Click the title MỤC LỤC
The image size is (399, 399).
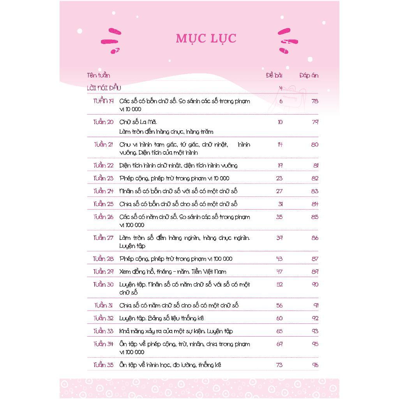coord(206,39)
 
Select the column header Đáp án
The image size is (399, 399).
coord(309,76)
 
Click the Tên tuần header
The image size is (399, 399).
coord(98,75)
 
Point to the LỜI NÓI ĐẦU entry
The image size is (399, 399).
coord(104,88)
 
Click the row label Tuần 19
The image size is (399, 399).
coord(103,101)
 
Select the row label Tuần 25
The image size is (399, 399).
coord(103,204)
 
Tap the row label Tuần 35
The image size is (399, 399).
coord(103,365)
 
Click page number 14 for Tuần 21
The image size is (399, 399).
coord(280,145)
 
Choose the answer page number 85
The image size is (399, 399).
coord(314,217)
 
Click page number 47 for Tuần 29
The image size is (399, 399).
coord(279,272)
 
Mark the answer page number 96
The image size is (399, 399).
coord(315,365)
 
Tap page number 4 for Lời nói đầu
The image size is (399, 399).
coord(281,88)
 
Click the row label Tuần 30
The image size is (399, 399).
coord(103,284)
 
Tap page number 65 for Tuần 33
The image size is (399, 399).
coord(279,331)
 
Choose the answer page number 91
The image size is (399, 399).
coord(315,305)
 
